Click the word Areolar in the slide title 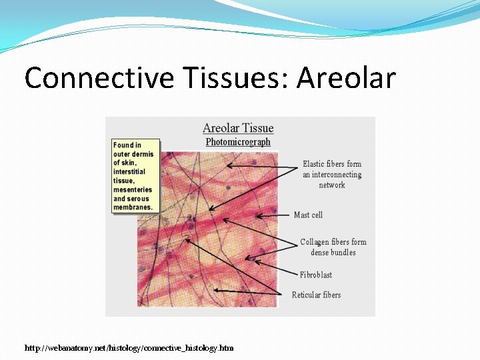pyautogui.click(x=346, y=79)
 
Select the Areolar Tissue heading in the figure pyautogui.click(x=238, y=128)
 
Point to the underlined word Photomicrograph pyautogui.click(x=238, y=142)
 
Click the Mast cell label pyautogui.click(x=308, y=215)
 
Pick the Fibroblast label pyautogui.click(x=315, y=275)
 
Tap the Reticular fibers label pyautogui.click(x=316, y=295)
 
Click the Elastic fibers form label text pyautogui.click(x=332, y=164)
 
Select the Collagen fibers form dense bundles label pyautogui.click(x=333, y=247)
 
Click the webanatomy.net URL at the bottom pyautogui.click(x=129, y=348)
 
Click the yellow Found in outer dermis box pyautogui.click(x=136, y=176)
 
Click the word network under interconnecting pyautogui.click(x=332, y=185)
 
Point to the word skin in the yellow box pyautogui.click(x=127, y=163)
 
